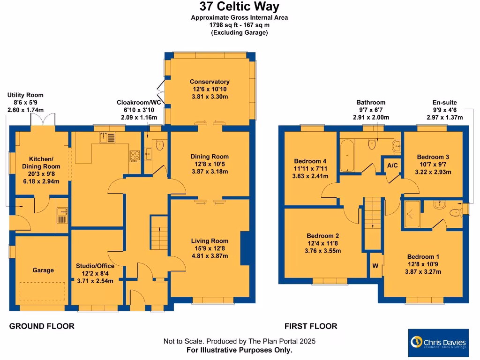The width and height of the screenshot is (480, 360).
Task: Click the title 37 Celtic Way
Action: pyautogui.click(x=239, y=7)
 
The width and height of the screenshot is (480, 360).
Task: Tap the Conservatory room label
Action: pyautogui.click(x=210, y=82)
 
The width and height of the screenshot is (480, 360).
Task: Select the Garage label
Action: pyautogui.click(x=43, y=270)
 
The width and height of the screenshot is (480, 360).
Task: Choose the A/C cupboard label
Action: pyautogui.click(x=392, y=165)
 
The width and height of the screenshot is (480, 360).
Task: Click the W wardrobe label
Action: pyautogui.click(x=375, y=266)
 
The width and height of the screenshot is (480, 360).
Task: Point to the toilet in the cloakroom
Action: pyautogui.click(x=159, y=145)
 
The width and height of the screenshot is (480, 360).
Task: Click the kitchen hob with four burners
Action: pyautogui.click(x=135, y=155)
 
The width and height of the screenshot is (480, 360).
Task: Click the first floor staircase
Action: pyautogui.click(x=373, y=216)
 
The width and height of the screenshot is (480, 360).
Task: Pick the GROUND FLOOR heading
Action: pyautogui.click(x=42, y=326)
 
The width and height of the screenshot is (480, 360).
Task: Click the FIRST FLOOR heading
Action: pyautogui.click(x=311, y=326)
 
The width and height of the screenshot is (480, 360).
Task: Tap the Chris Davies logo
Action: pyautogui.click(x=438, y=343)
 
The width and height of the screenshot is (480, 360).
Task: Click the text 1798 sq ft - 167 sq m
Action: pyautogui.click(x=239, y=25)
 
